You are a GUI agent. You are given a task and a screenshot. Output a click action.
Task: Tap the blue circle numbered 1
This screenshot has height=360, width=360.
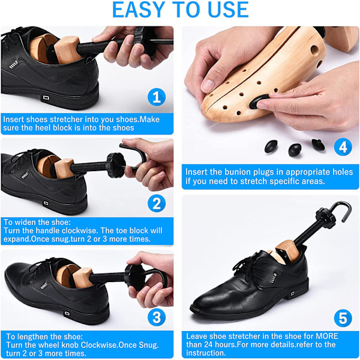click(157, 97)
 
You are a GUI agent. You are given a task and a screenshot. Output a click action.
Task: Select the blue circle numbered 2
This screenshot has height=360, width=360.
click(157, 203)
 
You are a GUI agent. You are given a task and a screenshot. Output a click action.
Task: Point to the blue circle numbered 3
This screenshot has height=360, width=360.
click(157, 317)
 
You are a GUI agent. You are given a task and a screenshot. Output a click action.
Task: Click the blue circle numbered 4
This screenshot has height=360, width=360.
click(343, 147)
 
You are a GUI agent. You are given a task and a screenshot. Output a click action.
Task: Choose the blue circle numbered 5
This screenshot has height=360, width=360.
click(343, 318)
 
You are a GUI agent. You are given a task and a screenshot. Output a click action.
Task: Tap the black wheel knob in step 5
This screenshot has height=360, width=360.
click(325, 218)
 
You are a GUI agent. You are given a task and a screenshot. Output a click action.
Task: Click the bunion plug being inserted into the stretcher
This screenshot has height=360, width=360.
click(258, 101)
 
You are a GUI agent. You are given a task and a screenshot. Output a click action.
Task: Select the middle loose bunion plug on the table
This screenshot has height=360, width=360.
click(295, 149)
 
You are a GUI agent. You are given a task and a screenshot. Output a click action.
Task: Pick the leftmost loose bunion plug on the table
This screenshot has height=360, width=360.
click(271, 146)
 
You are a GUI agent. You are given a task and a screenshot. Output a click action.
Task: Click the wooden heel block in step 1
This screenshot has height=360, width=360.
click(67, 50)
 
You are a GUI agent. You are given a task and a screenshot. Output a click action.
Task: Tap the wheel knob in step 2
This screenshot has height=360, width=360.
click(116, 166)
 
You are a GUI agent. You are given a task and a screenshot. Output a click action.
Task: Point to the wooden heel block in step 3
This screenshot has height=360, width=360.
click(82, 278)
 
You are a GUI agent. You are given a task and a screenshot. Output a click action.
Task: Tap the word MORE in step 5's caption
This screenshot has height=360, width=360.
click(327, 336)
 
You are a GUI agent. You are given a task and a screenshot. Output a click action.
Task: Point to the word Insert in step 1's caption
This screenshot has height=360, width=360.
click(14, 119)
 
